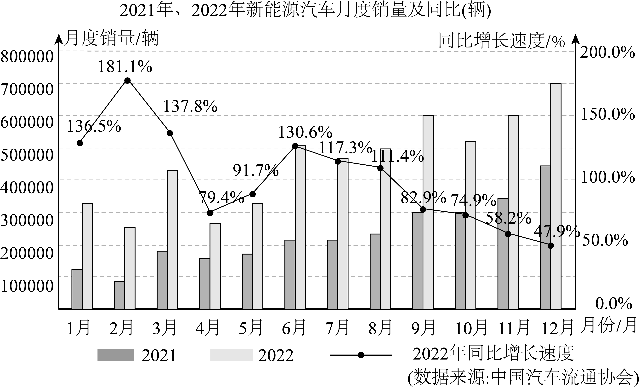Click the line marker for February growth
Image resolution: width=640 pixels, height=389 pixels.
127,81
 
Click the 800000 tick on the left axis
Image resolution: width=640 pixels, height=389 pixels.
27,57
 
